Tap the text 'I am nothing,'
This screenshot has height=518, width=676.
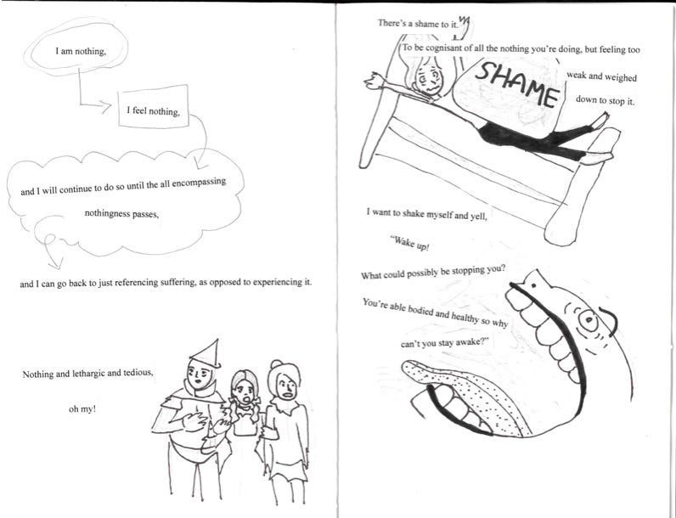(x=81, y=51)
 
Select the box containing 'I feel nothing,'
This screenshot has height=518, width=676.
(x=154, y=106)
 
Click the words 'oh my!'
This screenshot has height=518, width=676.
(x=82, y=409)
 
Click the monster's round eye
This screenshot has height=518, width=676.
(x=588, y=320)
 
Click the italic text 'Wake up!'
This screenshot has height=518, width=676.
(x=409, y=244)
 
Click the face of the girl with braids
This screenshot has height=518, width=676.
(x=245, y=391)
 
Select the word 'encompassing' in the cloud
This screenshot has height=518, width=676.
(x=199, y=183)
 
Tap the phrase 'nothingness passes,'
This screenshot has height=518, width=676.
(x=121, y=213)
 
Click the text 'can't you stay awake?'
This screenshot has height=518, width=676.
(x=447, y=342)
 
